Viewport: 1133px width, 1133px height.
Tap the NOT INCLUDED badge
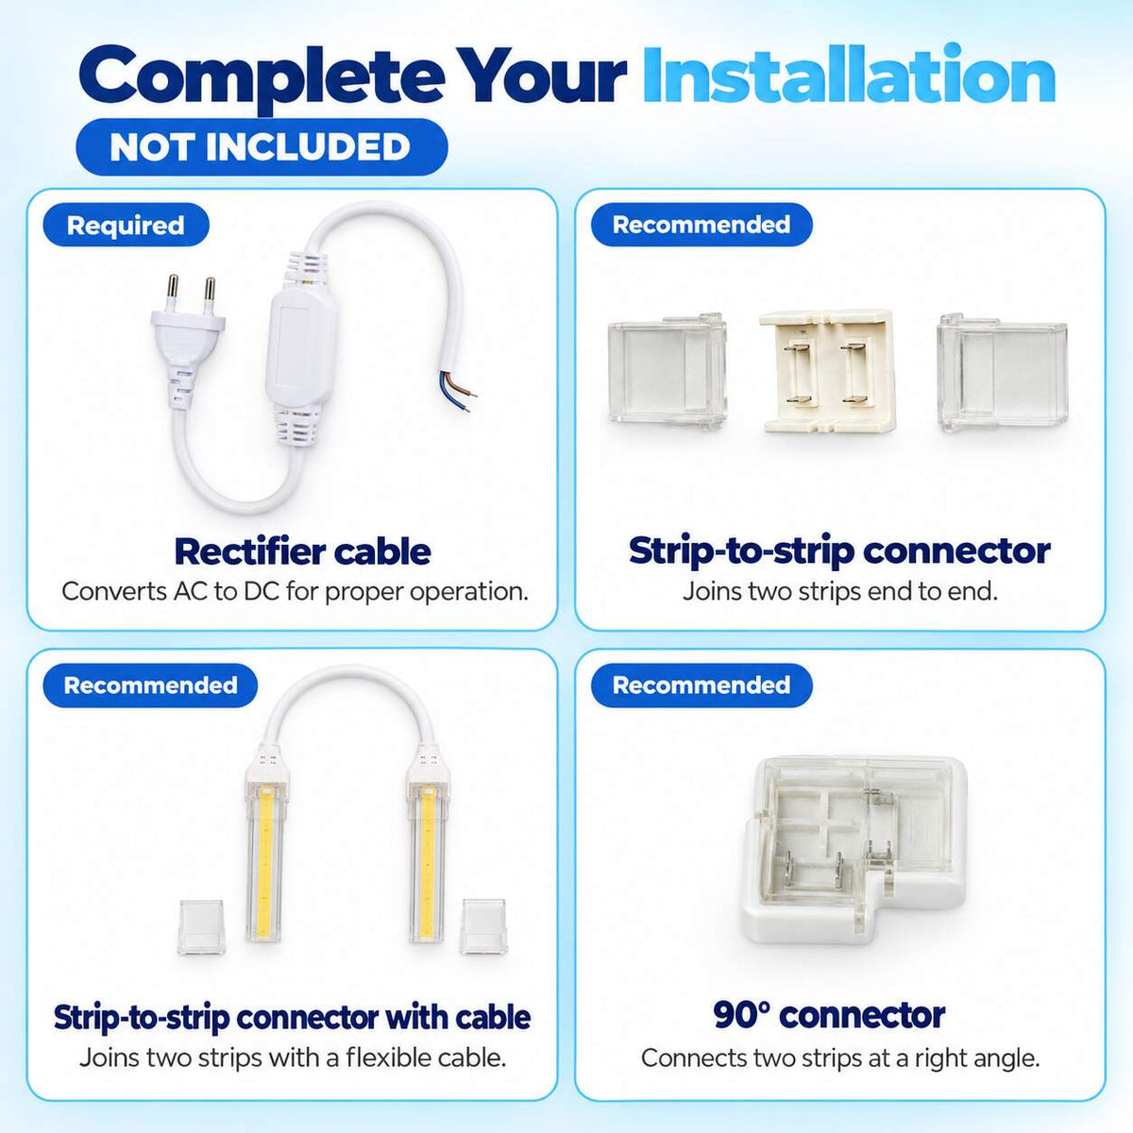[262, 146]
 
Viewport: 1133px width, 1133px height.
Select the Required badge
[126, 226]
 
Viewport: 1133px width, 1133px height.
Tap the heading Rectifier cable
[302, 551]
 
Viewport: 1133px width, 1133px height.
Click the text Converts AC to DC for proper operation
[295, 591]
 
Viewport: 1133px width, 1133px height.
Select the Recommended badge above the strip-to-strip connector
[702, 224]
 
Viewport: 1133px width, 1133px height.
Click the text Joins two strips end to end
[840, 591]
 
